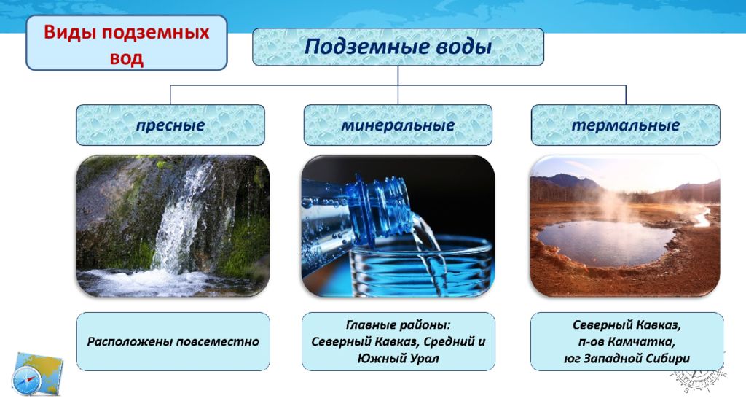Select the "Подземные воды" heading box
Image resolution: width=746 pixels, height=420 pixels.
click(398, 47)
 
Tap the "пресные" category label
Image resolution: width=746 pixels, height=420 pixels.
click(170, 125)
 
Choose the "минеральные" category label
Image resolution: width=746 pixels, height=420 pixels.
click(398, 125)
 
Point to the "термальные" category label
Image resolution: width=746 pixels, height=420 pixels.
click(626, 125)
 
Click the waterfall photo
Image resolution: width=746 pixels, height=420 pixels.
click(173, 226)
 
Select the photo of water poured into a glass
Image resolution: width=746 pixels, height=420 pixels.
click(398, 226)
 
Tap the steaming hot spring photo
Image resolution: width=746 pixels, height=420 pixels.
click(625, 226)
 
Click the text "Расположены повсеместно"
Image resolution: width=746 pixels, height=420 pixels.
click(173, 341)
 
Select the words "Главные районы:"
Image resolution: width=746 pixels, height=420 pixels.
click(398, 324)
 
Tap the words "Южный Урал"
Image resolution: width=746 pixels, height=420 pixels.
click(398, 357)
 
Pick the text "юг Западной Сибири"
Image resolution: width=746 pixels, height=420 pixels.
click(627, 358)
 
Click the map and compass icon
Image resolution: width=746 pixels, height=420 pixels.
click(36, 374)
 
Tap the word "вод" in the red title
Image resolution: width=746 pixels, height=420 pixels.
click(127, 58)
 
